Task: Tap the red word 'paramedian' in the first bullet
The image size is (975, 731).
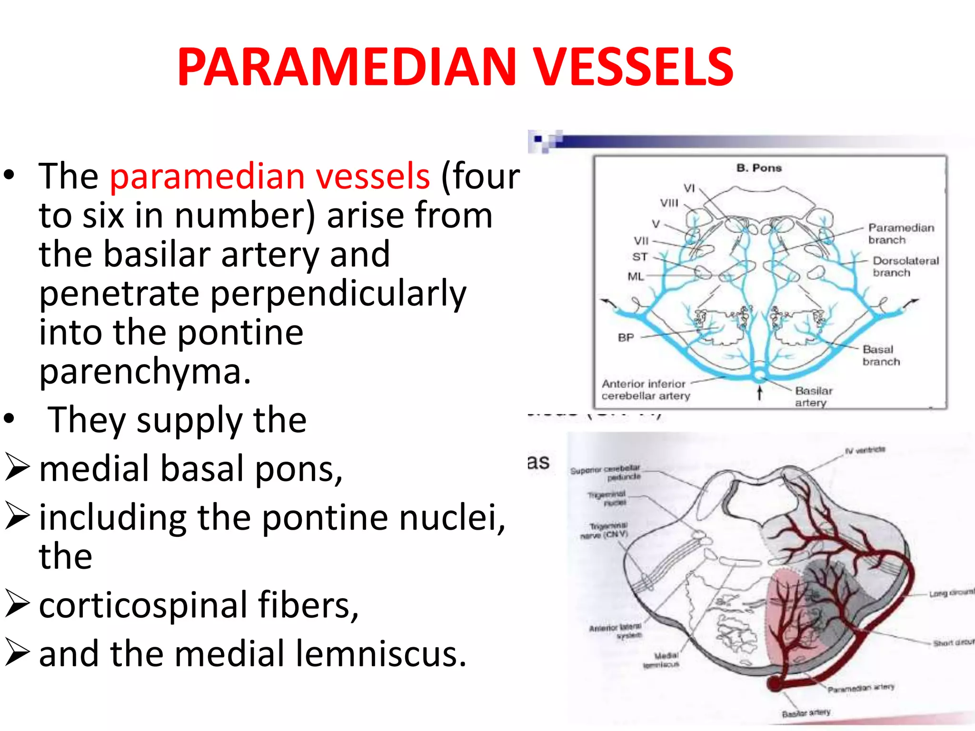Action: point(207,176)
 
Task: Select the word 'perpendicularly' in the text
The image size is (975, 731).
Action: point(253,294)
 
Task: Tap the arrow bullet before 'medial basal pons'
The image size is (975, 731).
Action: point(18,467)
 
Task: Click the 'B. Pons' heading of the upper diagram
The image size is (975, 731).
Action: point(759,168)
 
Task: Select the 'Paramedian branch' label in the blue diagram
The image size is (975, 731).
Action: point(901,234)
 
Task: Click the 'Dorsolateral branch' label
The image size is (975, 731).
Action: point(905,267)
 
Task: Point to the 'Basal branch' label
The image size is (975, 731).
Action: point(881,356)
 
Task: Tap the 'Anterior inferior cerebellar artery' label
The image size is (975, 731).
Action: point(645,390)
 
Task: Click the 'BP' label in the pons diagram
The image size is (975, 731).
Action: point(626,337)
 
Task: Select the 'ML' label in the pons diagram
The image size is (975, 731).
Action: point(636,276)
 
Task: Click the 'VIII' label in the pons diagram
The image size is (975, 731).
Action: point(669,203)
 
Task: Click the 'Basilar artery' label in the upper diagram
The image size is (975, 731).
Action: point(813,396)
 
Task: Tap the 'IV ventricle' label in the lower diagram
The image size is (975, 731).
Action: point(865,450)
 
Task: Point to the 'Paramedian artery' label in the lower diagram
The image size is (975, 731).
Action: point(861,688)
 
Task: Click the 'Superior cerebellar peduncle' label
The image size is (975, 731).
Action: point(606,473)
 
